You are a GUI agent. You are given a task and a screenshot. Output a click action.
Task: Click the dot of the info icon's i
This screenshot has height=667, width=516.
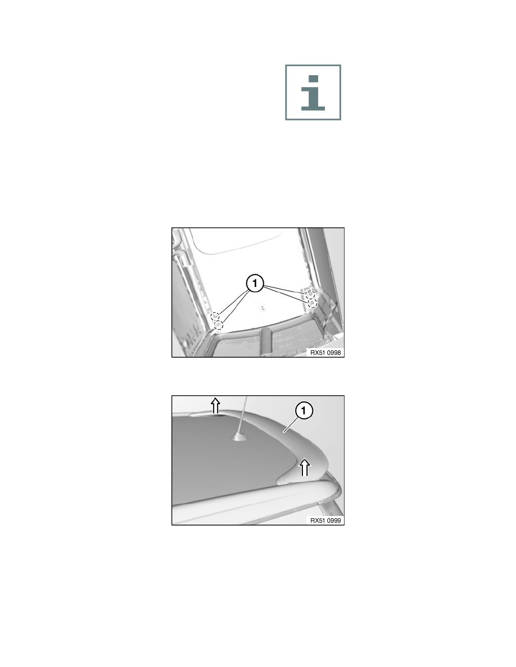[313, 79]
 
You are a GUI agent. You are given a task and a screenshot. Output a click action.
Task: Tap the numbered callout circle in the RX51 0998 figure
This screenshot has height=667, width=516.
[255, 284]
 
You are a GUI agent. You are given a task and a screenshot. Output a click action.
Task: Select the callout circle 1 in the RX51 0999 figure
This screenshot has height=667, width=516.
[304, 412]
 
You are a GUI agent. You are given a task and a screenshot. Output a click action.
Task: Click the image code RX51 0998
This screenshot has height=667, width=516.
[325, 353]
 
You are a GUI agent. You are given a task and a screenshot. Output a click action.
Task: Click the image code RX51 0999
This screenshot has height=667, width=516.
[325, 520]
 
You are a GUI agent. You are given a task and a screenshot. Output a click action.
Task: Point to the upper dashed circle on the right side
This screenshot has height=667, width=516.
[310, 294]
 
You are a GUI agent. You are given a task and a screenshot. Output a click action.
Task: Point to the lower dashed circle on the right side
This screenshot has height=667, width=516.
[313, 303]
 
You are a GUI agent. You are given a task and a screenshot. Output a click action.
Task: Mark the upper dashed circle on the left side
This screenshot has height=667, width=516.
[215, 316]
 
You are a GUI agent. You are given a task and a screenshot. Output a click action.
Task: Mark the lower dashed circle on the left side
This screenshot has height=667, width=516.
[219, 325]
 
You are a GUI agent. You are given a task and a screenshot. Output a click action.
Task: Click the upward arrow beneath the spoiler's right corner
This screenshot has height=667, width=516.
[305, 467]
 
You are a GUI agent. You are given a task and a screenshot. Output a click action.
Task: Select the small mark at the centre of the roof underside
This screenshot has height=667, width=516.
[262, 307]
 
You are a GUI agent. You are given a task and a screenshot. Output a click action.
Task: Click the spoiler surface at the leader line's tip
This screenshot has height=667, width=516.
[284, 433]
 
